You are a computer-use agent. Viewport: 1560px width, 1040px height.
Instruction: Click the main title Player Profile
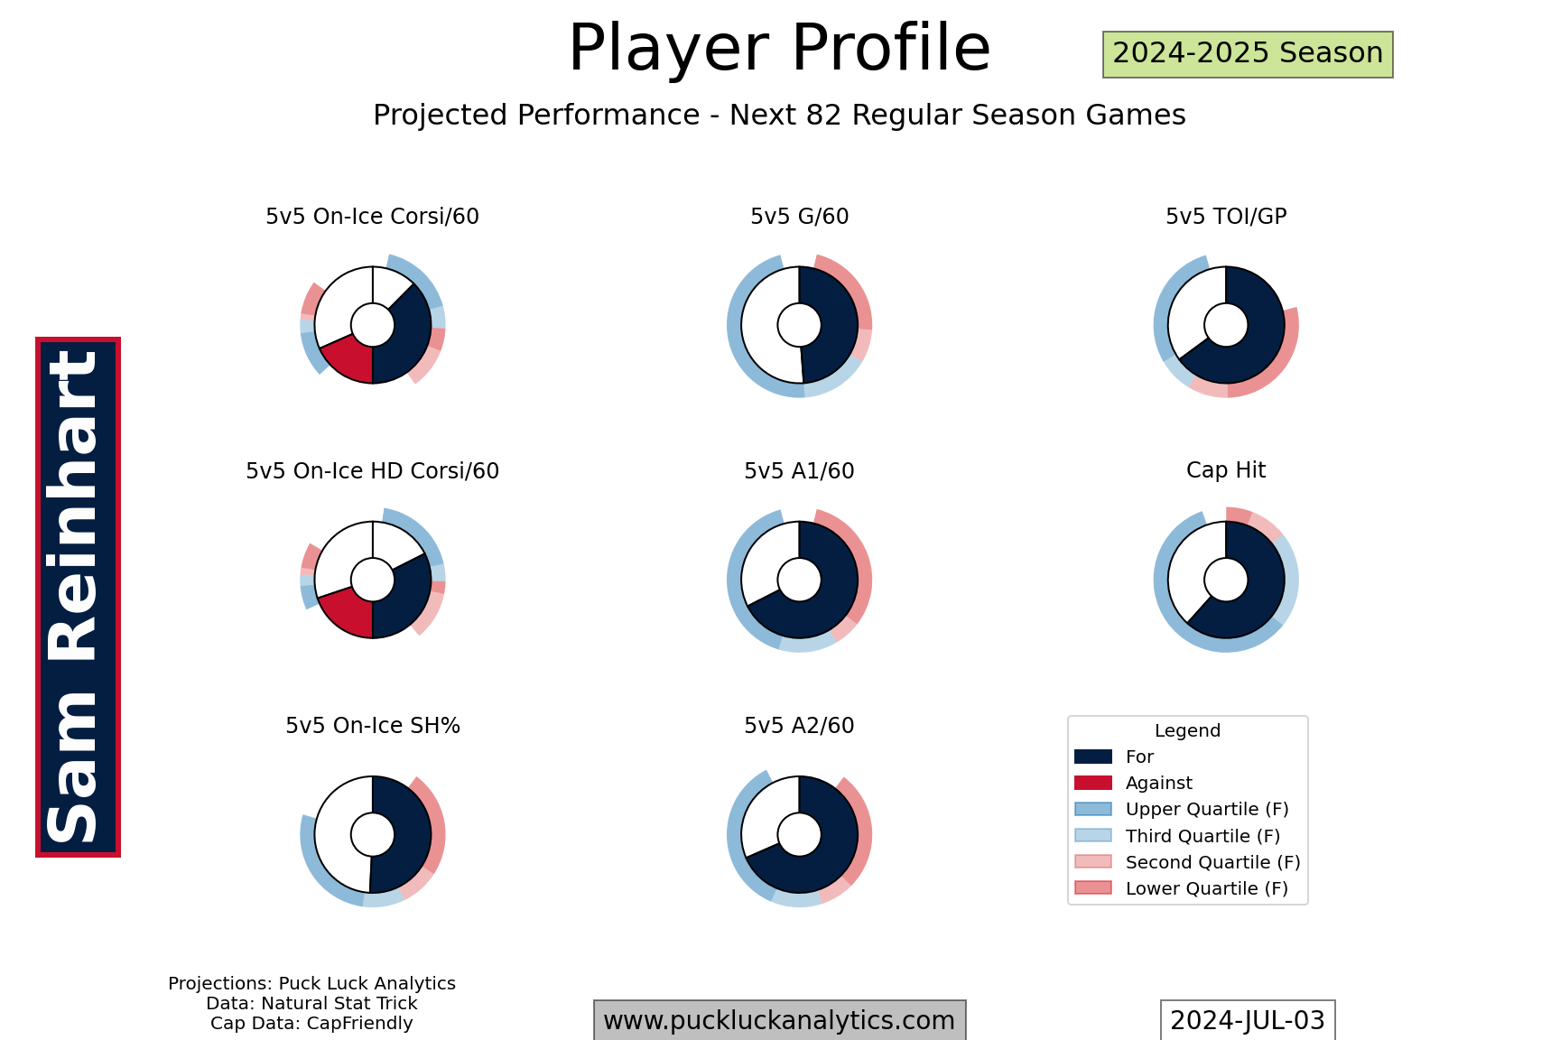click(779, 48)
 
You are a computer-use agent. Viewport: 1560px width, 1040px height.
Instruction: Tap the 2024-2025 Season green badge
click(1248, 54)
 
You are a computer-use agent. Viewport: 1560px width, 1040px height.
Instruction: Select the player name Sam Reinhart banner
click(78, 597)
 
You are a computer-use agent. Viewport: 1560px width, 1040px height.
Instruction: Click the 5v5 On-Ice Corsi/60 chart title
click(372, 217)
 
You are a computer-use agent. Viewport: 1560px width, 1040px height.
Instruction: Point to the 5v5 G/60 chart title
click(799, 217)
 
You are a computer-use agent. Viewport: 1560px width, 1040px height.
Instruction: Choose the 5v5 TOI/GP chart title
click(1226, 217)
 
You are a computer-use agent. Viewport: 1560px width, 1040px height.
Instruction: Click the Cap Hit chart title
click(1226, 470)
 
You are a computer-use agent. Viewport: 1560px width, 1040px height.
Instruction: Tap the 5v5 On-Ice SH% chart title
click(372, 726)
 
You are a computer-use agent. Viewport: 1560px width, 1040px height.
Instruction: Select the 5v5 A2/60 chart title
click(799, 726)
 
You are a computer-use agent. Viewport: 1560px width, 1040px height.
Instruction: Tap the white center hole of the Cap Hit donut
click(1226, 580)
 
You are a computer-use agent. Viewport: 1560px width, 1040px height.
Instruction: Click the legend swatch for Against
click(1093, 783)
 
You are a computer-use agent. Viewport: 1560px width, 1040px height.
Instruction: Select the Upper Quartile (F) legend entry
click(1182, 810)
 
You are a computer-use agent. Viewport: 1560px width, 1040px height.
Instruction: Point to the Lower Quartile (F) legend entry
click(1182, 888)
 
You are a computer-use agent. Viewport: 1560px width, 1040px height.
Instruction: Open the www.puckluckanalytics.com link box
click(779, 1021)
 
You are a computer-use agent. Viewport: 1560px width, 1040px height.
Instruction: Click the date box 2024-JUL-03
click(1248, 1021)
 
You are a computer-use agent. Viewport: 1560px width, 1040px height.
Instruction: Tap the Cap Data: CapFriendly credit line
click(311, 1024)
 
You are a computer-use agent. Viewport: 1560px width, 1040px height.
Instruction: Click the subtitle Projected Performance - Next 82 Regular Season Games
click(779, 116)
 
